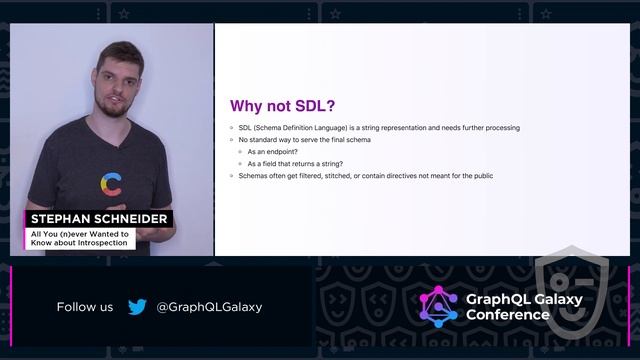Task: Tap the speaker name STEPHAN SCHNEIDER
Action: click(98, 219)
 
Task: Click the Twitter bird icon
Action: click(137, 307)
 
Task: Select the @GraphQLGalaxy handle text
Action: click(209, 307)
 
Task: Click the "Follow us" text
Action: click(85, 307)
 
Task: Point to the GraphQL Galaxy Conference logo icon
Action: click(438, 307)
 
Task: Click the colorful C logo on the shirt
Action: click(112, 184)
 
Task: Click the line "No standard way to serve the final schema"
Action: click(305, 140)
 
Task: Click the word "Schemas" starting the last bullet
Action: click(253, 176)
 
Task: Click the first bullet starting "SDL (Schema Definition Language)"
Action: click(378, 128)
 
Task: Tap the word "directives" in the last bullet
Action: click(399, 176)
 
